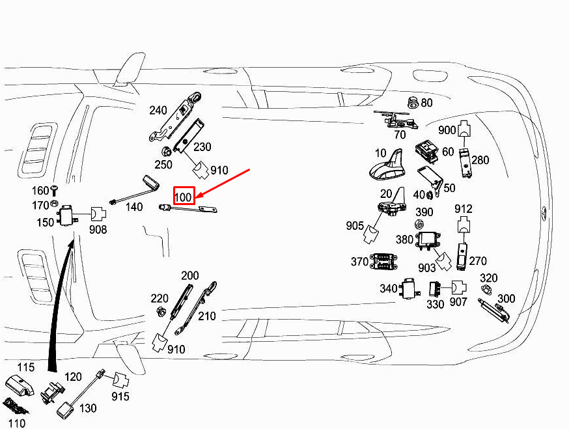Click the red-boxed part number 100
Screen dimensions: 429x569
click(x=184, y=195)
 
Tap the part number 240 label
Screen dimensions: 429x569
click(x=158, y=111)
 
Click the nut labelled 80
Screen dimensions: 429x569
click(x=411, y=102)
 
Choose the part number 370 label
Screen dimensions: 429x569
click(x=359, y=262)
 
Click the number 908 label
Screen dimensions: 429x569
click(x=98, y=229)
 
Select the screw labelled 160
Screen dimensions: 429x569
click(x=55, y=190)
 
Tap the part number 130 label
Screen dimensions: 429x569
click(x=88, y=409)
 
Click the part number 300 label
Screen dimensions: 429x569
click(x=506, y=299)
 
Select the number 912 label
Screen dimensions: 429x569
click(x=464, y=209)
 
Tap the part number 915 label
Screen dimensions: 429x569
click(x=120, y=396)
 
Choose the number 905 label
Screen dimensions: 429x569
click(x=355, y=226)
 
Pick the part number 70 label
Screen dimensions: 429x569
click(x=400, y=135)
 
